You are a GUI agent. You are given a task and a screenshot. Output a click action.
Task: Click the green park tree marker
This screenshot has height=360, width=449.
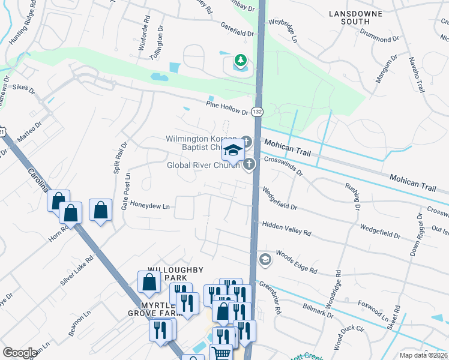tap(241, 60)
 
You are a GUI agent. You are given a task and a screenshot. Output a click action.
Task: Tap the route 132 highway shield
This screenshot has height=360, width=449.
tap(257, 112)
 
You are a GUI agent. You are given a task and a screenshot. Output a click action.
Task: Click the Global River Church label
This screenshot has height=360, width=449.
tap(203, 165)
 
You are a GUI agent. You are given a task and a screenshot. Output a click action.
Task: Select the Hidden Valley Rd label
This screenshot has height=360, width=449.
tap(287, 228)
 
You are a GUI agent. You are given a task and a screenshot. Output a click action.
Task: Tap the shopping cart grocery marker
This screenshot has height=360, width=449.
tap(221, 353)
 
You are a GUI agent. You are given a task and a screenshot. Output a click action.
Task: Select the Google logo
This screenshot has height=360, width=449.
tap(20, 353)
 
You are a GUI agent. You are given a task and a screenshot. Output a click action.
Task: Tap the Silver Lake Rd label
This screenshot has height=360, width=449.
tap(77, 271)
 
